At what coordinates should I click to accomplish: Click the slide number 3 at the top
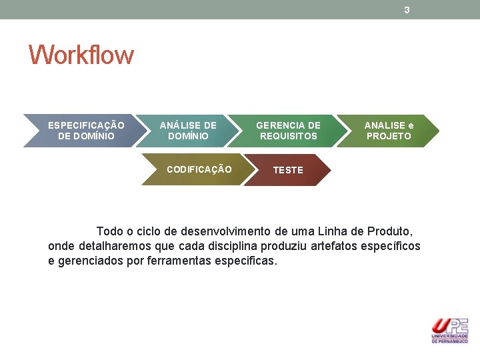point(407,10)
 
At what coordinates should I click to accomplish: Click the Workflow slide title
point(81,55)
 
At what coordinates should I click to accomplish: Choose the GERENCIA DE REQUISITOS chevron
point(288,131)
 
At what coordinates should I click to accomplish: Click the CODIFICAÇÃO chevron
point(199,169)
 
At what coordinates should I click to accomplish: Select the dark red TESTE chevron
point(288,170)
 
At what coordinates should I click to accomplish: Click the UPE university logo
point(450,331)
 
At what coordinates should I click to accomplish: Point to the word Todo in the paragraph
point(109,231)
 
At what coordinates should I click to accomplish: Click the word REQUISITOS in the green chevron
point(288,136)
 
